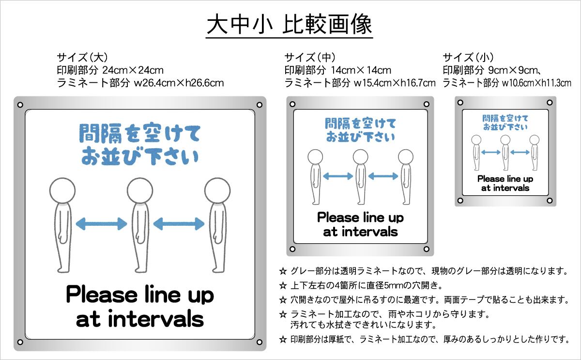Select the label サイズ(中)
coord(310,57)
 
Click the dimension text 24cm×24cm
coord(133,70)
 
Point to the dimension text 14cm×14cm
coord(361,70)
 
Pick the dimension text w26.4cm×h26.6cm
coord(178,83)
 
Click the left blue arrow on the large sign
coord(102,223)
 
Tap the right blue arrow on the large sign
coord(179,223)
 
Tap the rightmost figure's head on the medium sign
coord(406,157)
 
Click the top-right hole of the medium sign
coord(427,103)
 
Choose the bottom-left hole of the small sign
coord(460,199)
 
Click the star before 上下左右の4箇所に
coord(283,284)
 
